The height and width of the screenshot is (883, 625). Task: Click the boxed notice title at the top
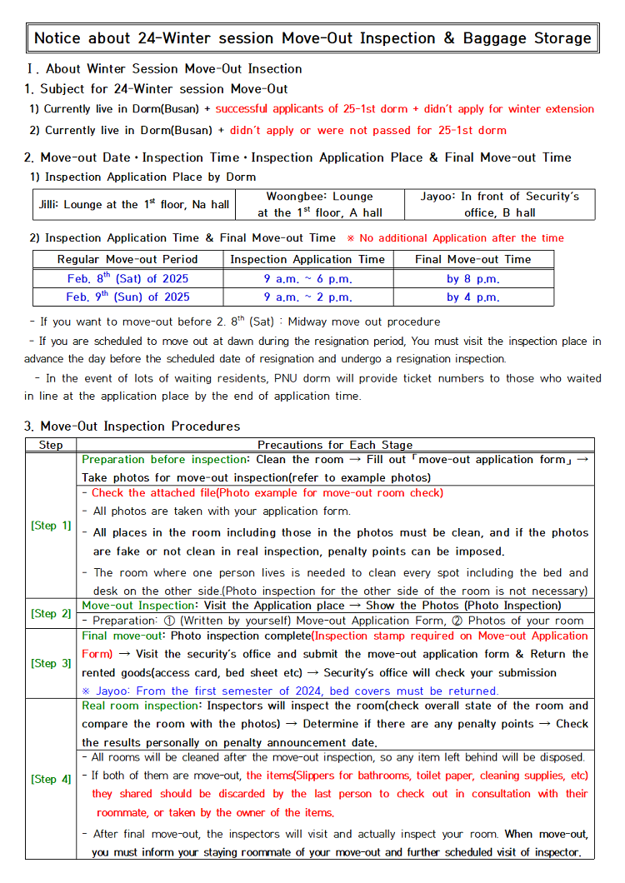312,38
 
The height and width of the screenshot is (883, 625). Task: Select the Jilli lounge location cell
134,204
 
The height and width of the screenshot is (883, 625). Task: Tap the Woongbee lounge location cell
320,204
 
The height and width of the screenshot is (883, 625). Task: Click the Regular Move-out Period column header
127,259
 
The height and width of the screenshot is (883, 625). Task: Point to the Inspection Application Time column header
307,259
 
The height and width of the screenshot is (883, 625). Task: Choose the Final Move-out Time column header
472,259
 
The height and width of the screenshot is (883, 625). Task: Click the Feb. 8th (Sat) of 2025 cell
127,278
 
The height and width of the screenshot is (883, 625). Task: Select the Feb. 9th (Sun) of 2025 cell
127,297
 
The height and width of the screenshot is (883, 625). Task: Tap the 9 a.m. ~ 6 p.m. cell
307,278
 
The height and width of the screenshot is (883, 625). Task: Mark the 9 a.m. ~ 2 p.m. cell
307,297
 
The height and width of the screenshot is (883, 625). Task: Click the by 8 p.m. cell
472,278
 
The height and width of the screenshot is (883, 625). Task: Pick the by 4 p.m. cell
472,297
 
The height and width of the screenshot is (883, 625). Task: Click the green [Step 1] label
51,526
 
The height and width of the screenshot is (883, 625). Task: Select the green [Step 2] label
51,613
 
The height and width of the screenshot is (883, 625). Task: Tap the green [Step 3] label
51,663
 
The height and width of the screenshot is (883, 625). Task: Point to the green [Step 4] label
51,779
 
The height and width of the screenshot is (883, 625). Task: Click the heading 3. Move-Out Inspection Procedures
132,426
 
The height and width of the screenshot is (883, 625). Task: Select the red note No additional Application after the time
455,238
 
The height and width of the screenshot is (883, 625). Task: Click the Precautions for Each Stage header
335,445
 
